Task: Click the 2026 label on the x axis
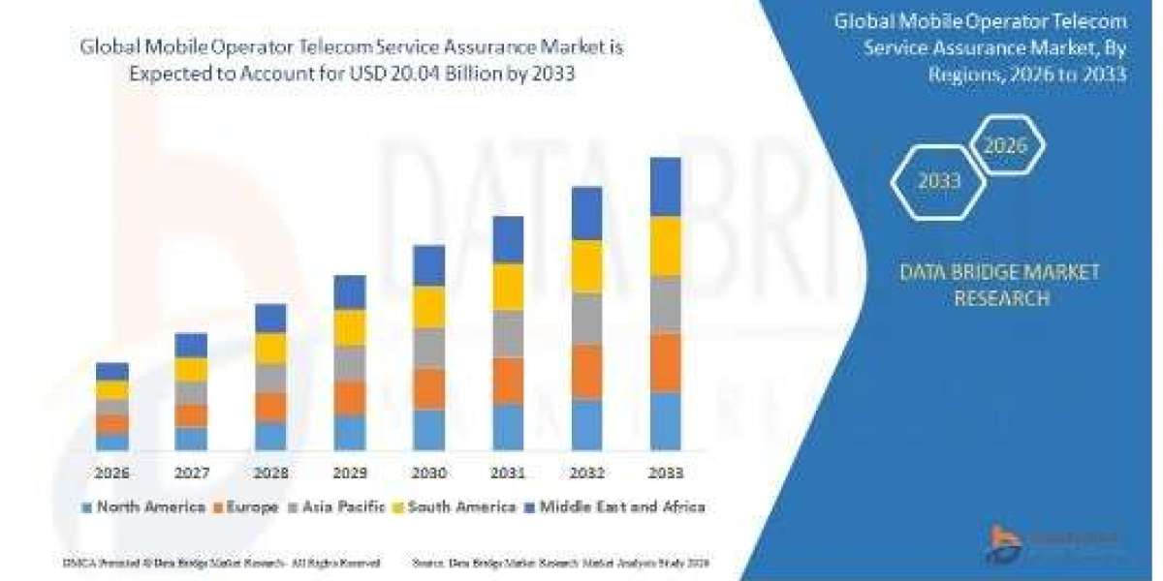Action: pos(112,474)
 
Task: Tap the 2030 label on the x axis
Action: pos(429,474)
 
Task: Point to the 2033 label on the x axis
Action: pos(666,474)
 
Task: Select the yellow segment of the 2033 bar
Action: pos(666,246)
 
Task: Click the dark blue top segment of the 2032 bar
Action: pos(587,213)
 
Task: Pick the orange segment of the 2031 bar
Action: pos(508,381)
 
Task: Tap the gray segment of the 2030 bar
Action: pos(429,348)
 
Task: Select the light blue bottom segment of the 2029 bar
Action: pos(350,433)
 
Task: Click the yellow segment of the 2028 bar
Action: pos(270,349)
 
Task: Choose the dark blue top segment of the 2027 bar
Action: pos(191,346)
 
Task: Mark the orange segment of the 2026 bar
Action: pos(112,424)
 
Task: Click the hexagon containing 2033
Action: pos(938,181)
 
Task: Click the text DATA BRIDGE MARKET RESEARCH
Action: pos(1000,285)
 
